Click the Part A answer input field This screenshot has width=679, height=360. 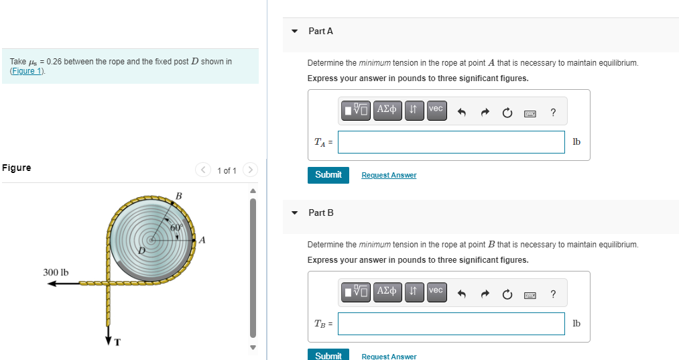click(451, 142)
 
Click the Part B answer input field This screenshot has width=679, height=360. click(451, 324)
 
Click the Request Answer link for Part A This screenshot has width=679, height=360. click(389, 176)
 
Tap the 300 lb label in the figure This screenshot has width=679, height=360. click(56, 272)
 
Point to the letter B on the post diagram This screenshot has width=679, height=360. click(178, 196)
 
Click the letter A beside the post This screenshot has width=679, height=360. click(202, 239)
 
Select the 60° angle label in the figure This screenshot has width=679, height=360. click(176, 228)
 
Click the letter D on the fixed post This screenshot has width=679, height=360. click(142, 251)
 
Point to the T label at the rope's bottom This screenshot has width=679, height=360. click(117, 343)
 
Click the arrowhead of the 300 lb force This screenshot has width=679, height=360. click(51, 284)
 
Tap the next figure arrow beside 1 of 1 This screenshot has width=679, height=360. click(250, 170)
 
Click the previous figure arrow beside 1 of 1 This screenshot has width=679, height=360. click(203, 170)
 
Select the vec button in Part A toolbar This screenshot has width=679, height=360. click(436, 109)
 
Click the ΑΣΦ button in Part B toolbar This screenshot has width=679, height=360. click(387, 291)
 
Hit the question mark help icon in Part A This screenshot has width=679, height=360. click(552, 112)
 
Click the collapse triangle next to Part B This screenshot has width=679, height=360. click(295, 213)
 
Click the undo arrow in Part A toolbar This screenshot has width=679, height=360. click(461, 112)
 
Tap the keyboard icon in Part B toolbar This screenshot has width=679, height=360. click(530, 294)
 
